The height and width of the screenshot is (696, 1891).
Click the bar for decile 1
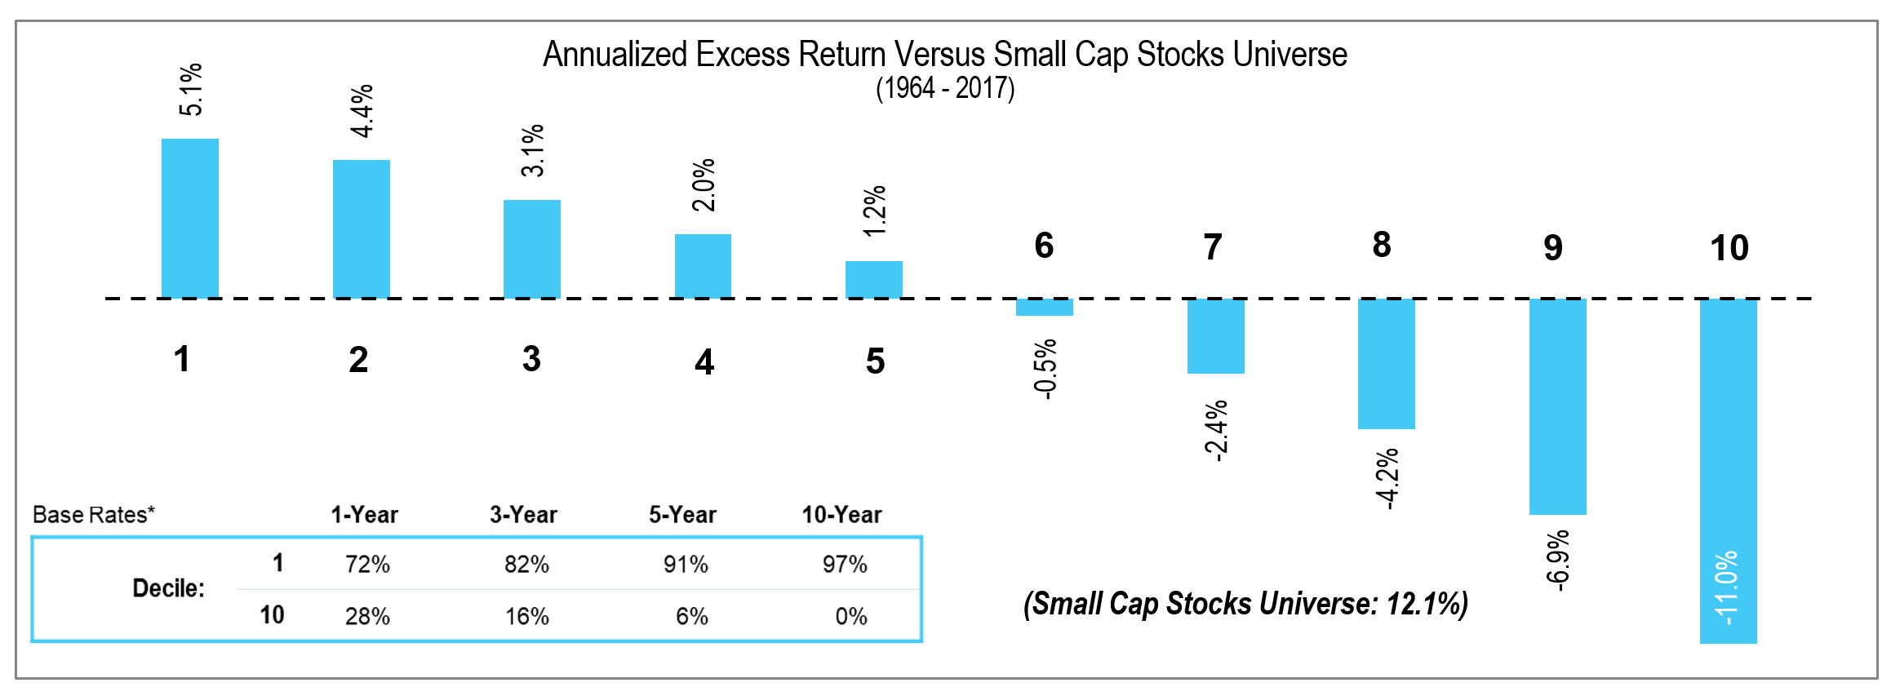[x=190, y=218]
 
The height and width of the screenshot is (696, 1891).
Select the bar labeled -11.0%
[x=1728, y=471]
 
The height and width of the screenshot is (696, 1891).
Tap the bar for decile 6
[x=1044, y=308]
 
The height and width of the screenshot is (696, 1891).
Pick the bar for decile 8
[x=1386, y=364]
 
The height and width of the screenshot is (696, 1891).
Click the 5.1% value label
[x=190, y=90]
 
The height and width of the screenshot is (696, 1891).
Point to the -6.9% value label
[x=1557, y=560]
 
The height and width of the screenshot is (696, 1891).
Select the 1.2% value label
[x=874, y=211]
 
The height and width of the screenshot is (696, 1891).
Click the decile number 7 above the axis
[x=1213, y=246]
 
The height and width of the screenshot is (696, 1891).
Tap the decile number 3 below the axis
[x=531, y=359]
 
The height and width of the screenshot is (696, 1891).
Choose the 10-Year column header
[x=841, y=515]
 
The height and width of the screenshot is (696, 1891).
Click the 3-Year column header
[x=523, y=515]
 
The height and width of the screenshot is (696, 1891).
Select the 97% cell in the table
[x=845, y=565]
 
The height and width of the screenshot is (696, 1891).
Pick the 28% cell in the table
[x=367, y=616]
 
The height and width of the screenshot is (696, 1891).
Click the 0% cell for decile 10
[x=850, y=616]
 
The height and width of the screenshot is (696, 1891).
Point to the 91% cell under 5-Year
[x=686, y=565]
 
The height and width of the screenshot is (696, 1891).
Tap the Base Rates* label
[x=93, y=515]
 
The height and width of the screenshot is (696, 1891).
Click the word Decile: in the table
[x=168, y=588]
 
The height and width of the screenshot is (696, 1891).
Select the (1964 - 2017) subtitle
[x=945, y=88]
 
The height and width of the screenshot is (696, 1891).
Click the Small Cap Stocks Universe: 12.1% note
[x=1245, y=604]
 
